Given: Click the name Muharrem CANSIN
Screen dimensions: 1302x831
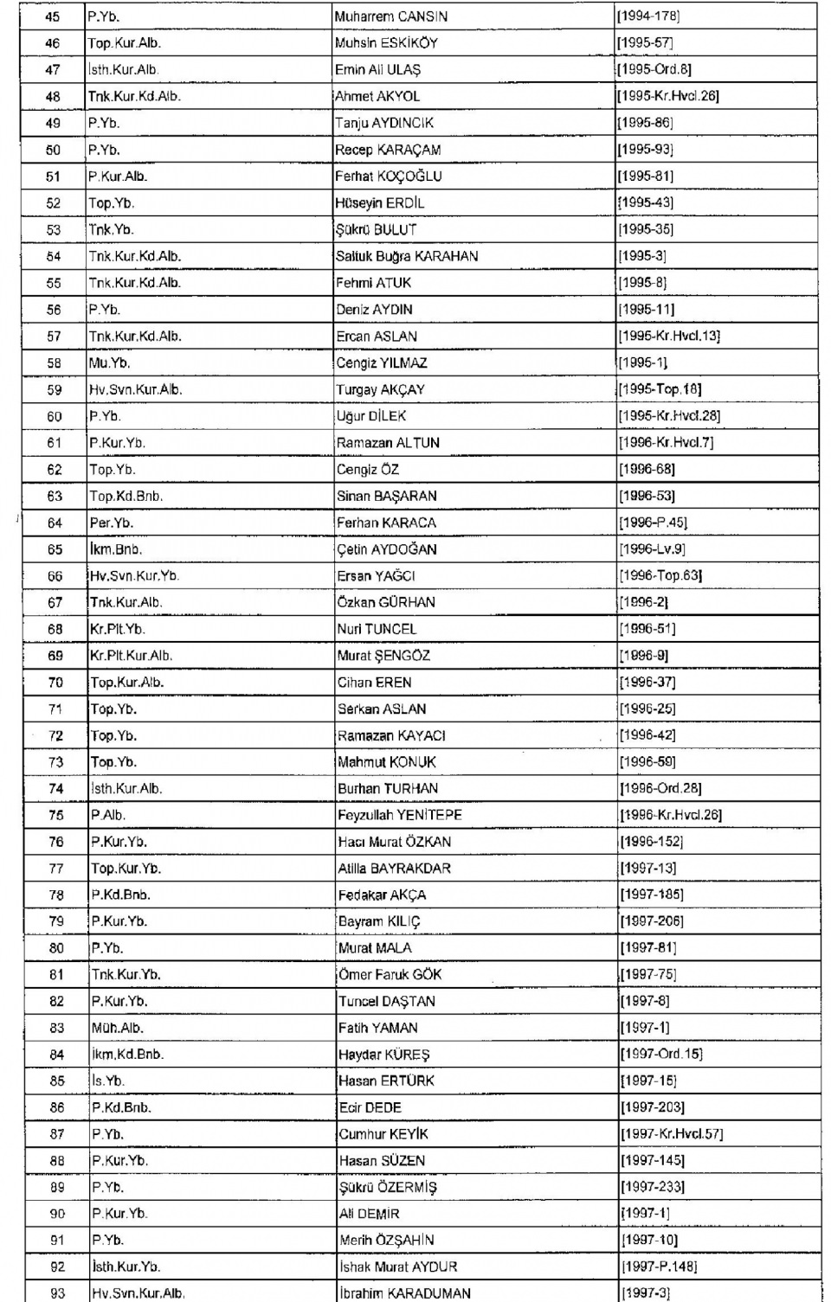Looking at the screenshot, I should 390,16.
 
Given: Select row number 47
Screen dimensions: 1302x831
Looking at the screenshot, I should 53,70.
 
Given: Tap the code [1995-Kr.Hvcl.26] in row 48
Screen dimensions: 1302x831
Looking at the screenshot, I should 667,96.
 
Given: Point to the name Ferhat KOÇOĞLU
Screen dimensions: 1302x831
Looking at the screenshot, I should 389,176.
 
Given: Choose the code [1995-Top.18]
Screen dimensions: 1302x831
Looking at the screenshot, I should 660,389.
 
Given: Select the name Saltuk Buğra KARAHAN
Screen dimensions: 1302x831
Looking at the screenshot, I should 407,256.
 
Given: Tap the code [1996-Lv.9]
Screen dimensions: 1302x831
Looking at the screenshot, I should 652,549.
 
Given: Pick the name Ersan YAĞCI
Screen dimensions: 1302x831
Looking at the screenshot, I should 376,576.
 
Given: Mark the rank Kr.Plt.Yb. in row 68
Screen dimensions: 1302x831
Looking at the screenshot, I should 118,629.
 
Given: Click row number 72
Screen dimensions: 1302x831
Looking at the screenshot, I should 55,736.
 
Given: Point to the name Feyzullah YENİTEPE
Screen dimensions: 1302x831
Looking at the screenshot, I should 400,815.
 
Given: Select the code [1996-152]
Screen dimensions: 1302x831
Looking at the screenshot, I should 652,842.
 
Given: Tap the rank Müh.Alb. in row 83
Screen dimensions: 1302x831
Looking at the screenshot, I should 118,1029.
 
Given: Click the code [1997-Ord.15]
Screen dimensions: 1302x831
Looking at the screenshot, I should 661,1055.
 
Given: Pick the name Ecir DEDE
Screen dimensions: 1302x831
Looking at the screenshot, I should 370,1108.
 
